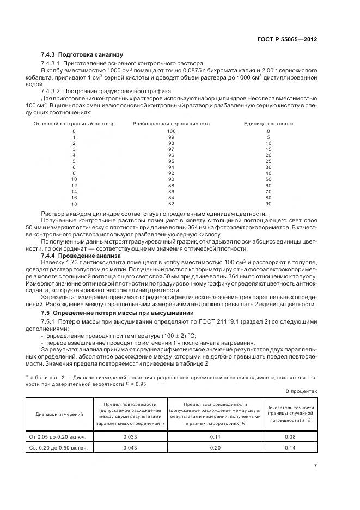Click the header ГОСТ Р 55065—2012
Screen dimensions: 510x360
click(291, 39)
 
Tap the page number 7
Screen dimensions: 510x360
click(315, 466)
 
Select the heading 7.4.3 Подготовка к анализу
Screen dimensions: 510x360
click(82, 55)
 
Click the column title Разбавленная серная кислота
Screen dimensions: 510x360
click(171, 124)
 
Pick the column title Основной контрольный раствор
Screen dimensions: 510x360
click(74, 124)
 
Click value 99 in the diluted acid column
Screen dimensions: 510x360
click(171, 137)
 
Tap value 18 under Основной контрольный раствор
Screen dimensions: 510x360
click(74, 203)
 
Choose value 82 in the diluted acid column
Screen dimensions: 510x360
click(171, 203)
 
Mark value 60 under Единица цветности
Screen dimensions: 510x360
click(268, 185)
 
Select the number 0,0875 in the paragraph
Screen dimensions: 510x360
click(167, 71)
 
